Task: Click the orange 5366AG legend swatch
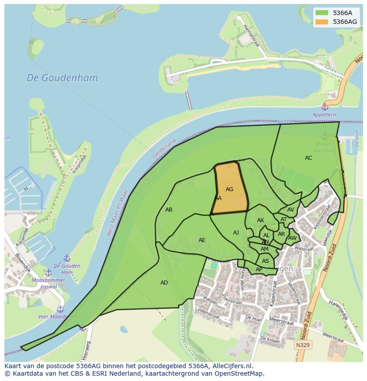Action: point(322,22)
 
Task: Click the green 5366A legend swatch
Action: point(322,13)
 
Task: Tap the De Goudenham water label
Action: point(62,78)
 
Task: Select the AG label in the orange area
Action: point(229,189)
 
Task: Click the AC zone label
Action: point(308,158)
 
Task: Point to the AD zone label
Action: point(164,283)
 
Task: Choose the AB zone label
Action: point(169,210)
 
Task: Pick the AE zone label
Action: point(202,240)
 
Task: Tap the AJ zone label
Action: point(236,233)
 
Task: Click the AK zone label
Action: point(261,220)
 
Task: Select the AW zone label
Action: point(292,238)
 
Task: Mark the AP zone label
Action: point(259,269)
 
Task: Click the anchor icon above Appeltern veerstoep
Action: point(324,107)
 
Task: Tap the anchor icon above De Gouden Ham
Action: point(67,258)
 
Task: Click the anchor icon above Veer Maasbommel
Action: point(60,309)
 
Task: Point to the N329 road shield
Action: point(304,344)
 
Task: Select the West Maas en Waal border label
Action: point(117,213)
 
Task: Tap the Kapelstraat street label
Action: point(274,294)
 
